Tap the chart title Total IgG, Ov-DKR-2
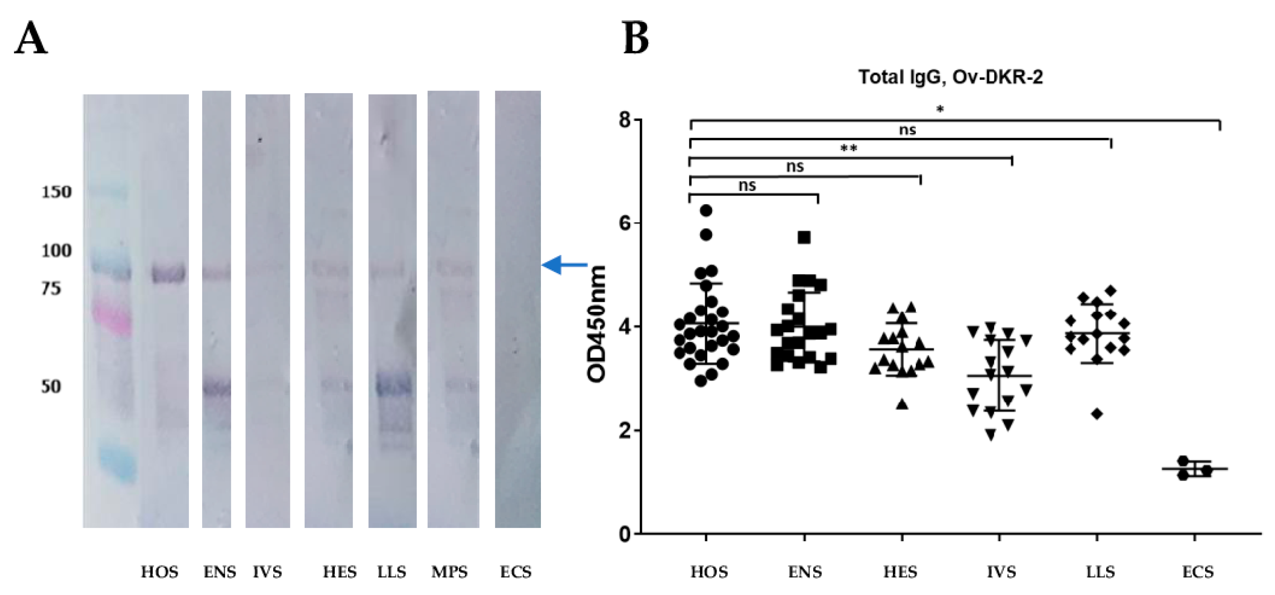pos(950,78)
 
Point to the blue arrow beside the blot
pos(564,265)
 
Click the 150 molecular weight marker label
pos(56,192)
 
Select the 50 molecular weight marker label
pos(51,386)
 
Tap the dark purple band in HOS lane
pos(168,274)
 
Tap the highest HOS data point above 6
pos(706,211)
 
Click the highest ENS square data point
pos(804,237)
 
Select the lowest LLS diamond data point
pos(1097,413)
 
